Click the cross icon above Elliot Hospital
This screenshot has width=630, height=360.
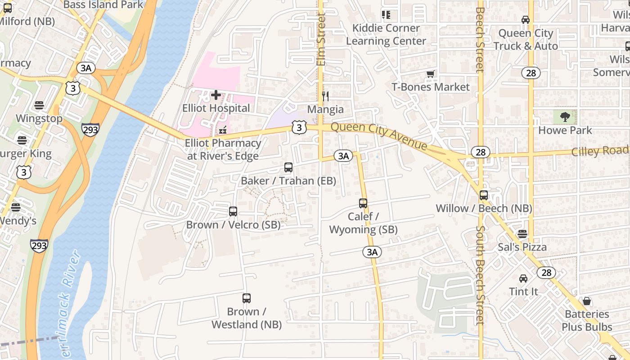[x=216, y=95]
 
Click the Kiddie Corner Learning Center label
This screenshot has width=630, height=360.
[x=386, y=35]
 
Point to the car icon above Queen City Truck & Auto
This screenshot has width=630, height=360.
[x=525, y=20]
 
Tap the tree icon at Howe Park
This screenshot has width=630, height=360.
[x=565, y=117]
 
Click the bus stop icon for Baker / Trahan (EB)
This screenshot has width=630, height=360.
[x=288, y=167]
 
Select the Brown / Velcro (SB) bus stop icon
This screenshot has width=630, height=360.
[x=233, y=211]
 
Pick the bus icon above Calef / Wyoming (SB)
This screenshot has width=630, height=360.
[x=363, y=203]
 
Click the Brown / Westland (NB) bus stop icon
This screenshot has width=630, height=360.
[x=247, y=298]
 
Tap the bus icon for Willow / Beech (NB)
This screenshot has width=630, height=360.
[x=484, y=195]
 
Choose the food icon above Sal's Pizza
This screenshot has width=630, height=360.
[x=522, y=234]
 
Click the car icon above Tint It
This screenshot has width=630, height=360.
[x=523, y=279]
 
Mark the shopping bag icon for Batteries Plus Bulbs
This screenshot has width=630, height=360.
[x=587, y=301]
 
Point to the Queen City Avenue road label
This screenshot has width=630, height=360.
[x=379, y=136]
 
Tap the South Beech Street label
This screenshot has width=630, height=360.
[x=480, y=274]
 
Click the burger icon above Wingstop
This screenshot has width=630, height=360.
[x=39, y=105]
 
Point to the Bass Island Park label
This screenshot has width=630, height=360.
[x=103, y=5]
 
